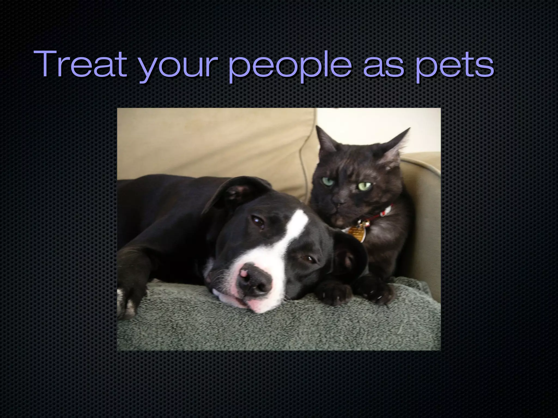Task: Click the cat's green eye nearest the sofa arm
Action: tap(365, 186)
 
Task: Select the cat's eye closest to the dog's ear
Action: tap(328, 181)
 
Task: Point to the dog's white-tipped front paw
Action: tap(128, 302)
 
